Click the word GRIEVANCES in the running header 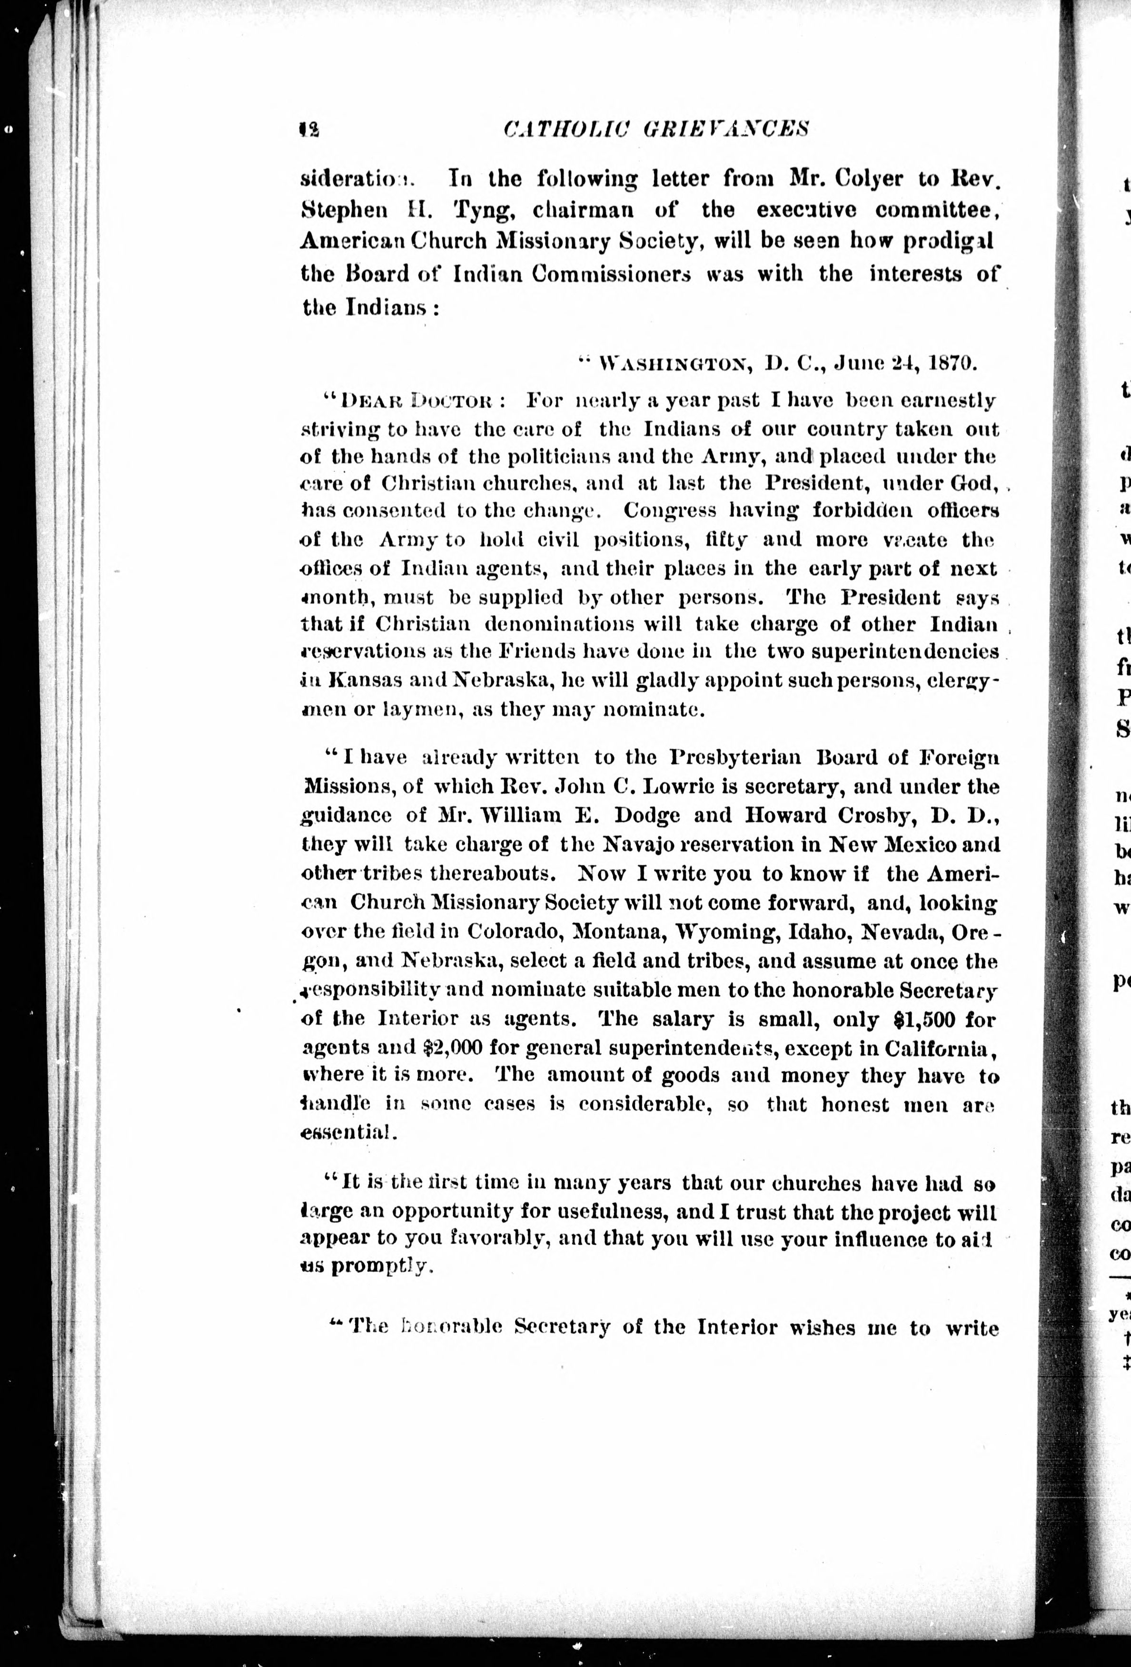point(725,129)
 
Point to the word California point(938,1048)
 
